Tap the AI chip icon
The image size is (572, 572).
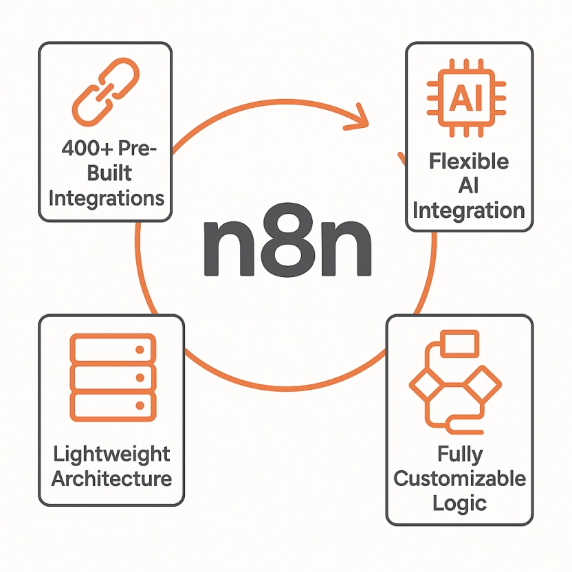pyautogui.click(x=467, y=100)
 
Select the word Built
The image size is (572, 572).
pyautogui.click(x=106, y=173)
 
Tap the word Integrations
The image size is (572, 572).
pyautogui.click(x=106, y=198)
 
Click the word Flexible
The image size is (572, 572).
pyautogui.click(x=469, y=162)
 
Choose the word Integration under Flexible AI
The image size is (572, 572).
pyautogui.click(x=469, y=210)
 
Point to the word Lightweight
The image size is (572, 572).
pyautogui.click(x=111, y=454)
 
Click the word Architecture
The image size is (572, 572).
pyautogui.click(x=111, y=478)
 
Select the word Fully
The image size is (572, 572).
pyautogui.click(x=459, y=454)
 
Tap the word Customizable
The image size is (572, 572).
pyautogui.click(x=459, y=478)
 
